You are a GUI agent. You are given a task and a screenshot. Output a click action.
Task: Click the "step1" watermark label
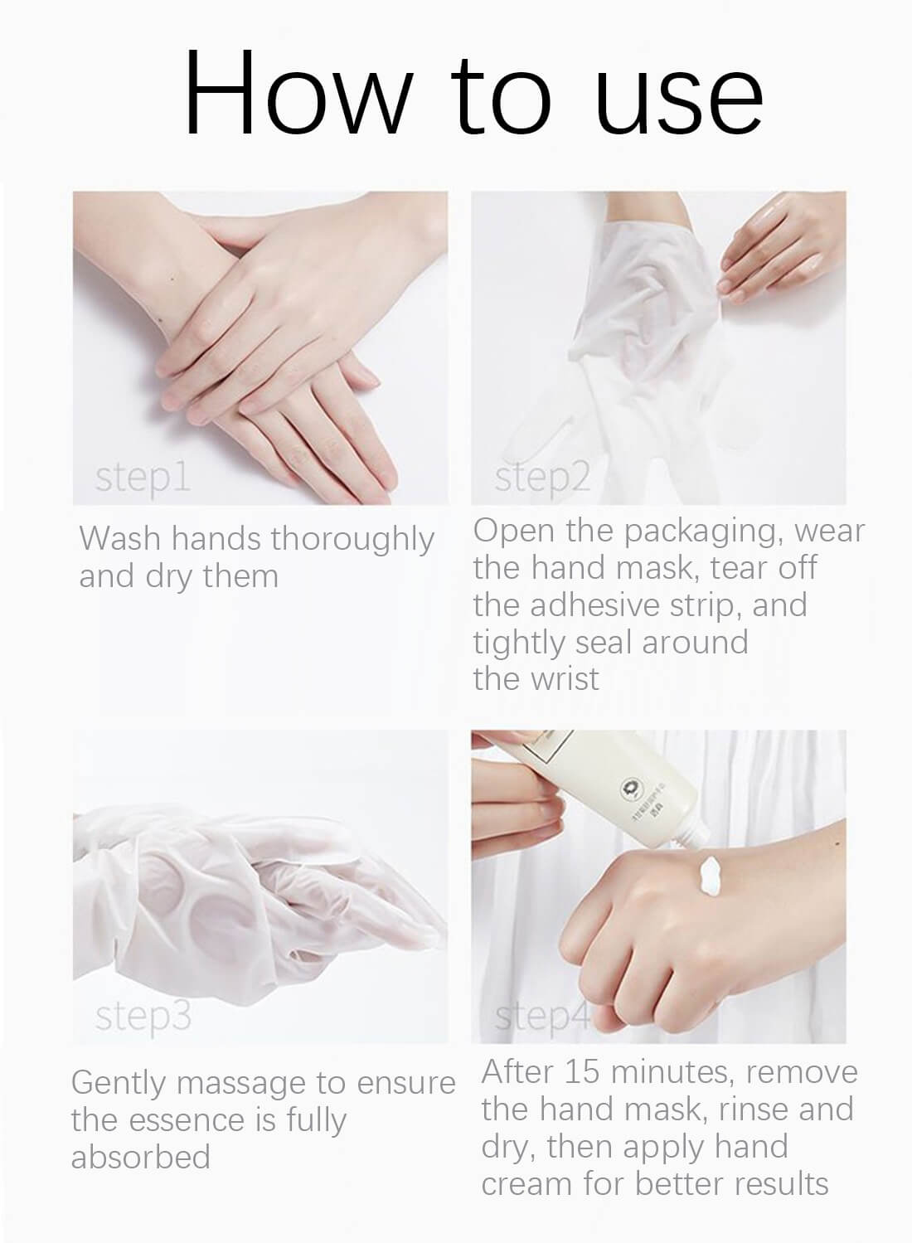point(142,478)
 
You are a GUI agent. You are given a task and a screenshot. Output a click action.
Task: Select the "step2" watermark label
point(542,478)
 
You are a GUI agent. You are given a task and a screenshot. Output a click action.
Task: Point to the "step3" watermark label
point(143,1017)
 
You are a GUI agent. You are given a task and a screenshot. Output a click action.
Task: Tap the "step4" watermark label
point(542,1017)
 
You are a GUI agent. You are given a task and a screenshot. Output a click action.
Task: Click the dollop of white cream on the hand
point(711,876)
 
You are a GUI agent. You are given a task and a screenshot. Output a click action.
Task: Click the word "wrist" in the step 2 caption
point(566,679)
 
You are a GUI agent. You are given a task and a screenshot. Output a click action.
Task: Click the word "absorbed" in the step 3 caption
point(140,1158)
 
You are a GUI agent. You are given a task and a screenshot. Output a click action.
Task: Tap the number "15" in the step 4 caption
point(582,1072)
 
